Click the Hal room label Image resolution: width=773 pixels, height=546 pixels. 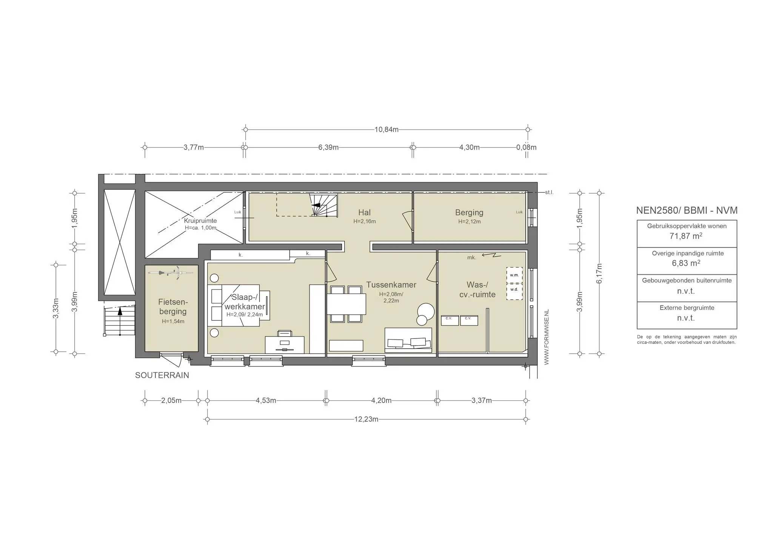click(364, 212)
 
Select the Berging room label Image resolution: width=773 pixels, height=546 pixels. click(469, 212)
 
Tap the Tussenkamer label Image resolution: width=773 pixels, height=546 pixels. click(391, 285)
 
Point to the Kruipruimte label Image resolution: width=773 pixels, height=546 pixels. click(200, 221)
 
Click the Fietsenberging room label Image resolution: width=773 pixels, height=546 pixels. click(173, 307)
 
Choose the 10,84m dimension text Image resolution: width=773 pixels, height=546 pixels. click(386, 129)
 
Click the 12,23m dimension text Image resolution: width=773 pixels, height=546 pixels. click(366, 419)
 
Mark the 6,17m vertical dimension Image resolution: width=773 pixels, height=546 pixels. click(599, 274)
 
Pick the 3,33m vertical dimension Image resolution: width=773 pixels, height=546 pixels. click(56, 308)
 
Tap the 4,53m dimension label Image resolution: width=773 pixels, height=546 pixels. click(266, 400)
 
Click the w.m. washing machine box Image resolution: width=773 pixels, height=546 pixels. click(514, 275)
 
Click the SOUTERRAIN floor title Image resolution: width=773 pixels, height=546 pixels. click(162, 375)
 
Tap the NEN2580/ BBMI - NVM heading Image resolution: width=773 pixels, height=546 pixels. click(687, 211)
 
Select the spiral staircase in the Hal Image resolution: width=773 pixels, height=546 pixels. click(323, 205)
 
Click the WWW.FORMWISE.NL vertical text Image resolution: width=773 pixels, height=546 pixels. click(547, 337)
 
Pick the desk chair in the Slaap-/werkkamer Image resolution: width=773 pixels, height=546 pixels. click(285, 333)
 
